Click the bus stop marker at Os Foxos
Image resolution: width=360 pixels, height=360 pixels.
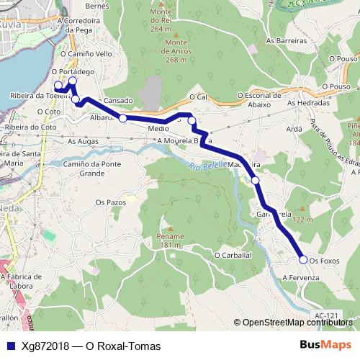(303, 259)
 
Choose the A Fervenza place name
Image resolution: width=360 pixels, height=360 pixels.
(300, 277)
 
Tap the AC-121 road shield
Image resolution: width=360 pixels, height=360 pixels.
(326, 315)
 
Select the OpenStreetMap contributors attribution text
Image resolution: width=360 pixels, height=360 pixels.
(297, 322)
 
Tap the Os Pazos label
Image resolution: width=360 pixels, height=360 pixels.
(111, 204)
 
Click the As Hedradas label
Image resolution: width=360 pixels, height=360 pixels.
(307, 103)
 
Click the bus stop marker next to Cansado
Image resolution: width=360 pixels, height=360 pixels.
(123, 118)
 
